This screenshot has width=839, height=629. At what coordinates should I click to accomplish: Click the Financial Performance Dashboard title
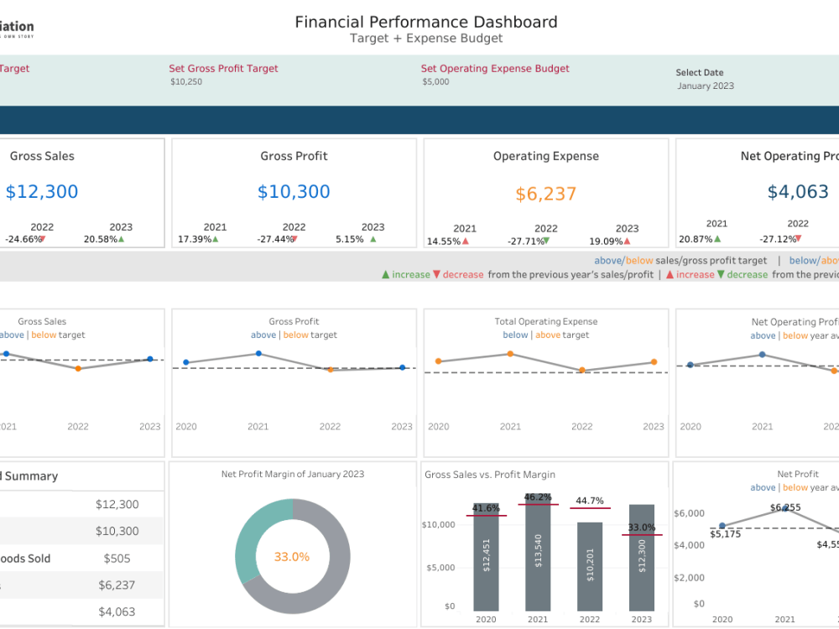[425, 23]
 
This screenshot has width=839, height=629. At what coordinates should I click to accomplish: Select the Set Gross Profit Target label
[223, 69]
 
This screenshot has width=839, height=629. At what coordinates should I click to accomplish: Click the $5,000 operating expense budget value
[435, 82]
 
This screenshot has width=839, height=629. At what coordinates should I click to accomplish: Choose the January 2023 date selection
[705, 86]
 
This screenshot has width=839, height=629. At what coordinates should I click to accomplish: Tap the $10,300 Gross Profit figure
[294, 192]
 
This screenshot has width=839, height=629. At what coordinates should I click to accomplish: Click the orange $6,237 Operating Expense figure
[545, 195]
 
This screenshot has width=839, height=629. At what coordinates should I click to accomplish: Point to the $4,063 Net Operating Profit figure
[798, 192]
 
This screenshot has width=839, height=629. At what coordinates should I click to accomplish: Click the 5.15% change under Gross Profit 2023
[349, 239]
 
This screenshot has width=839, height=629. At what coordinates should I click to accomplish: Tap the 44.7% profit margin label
[589, 501]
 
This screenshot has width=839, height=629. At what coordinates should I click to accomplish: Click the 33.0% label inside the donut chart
[292, 557]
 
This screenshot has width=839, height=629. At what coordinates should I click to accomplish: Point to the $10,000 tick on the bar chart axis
[438, 525]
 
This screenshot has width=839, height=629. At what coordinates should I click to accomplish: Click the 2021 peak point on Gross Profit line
[258, 354]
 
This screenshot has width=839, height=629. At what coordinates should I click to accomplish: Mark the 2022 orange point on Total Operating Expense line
[581, 370]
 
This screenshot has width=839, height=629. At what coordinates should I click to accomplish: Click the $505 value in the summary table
[117, 559]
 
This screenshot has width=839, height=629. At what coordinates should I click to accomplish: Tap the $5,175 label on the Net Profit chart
[725, 533]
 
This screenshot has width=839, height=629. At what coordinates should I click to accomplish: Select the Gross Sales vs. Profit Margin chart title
[490, 475]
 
